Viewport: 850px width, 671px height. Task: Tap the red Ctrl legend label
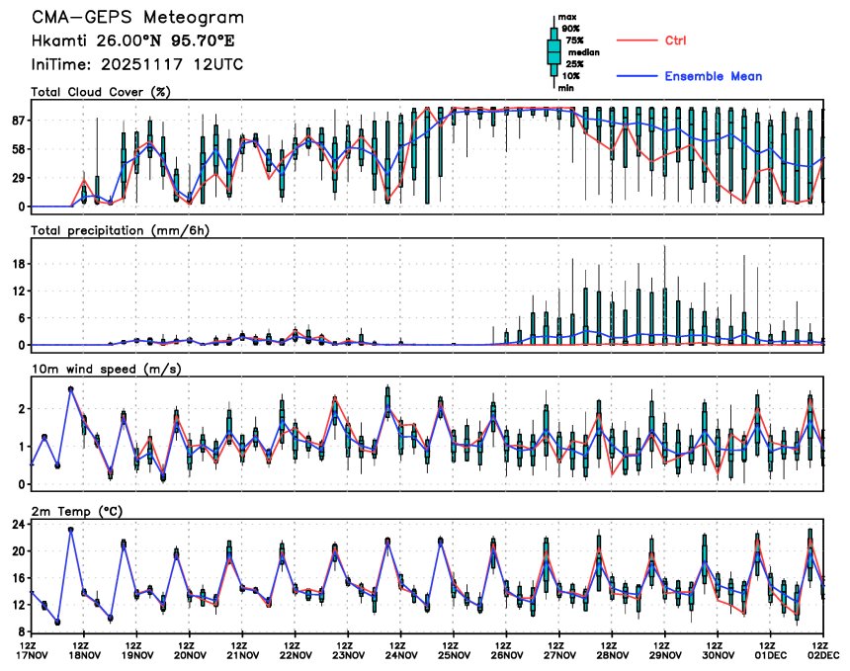coord(675,40)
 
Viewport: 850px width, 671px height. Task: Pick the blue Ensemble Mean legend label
coord(713,76)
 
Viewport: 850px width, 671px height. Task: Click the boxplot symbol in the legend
coord(553,52)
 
